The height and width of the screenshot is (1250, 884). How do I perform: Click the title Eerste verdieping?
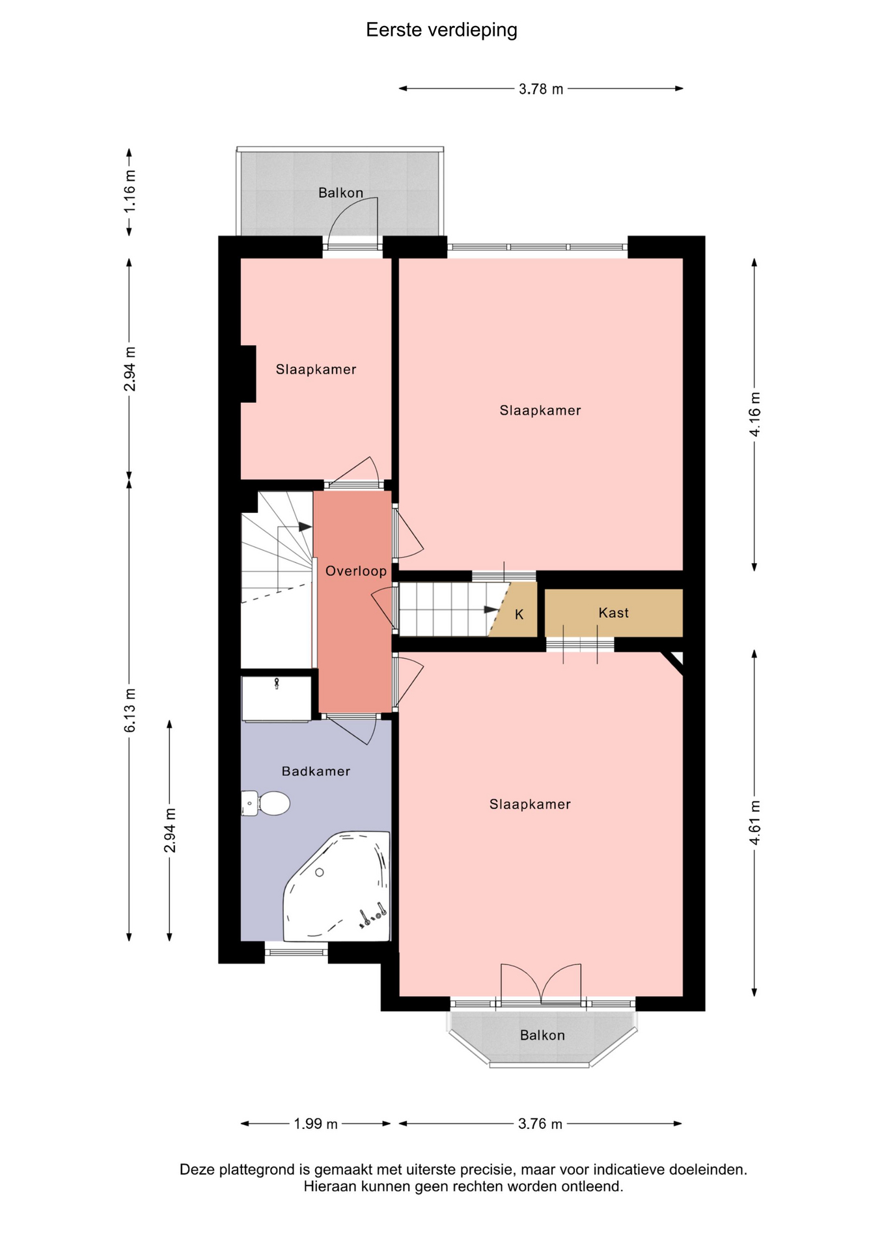pyautogui.click(x=441, y=31)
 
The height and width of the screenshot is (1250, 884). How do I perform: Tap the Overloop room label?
pyautogui.click(x=356, y=571)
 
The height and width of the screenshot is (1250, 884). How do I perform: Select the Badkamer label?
pyautogui.click(x=316, y=771)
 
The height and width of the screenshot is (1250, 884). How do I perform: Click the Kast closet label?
pyautogui.click(x=613, y=613)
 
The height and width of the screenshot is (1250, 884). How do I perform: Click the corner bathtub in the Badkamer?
pyautogui.click(x=337, y=886)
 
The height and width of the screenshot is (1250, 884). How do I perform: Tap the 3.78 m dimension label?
pyautogui.click(x=541, y=89)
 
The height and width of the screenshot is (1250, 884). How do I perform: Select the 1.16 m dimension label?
pyautogui.click(x=130, y=191)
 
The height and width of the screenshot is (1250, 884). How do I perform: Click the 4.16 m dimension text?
pyautogui.click(x=754, y=414)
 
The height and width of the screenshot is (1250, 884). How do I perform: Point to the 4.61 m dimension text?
pyautogui.click(x=754, y=822)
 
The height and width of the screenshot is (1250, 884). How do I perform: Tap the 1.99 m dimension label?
pyautogui.click(x=316, y=1124)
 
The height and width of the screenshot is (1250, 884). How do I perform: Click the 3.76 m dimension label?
pyautogui.click(x=540, y=1124)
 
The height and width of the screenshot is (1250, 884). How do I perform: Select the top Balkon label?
pyautogui.click(x=340, y=193)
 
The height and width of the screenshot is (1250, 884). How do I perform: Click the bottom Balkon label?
pyautogui.click(x=542, y=1035)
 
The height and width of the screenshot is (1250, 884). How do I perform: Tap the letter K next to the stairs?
pyautogui.click(x=519, y=615)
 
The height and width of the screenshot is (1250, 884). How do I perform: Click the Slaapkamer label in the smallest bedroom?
pyautogui.click(x=316, y=370)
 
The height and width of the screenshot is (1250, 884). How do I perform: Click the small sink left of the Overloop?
pyautogui.click(x=277, y=699)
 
